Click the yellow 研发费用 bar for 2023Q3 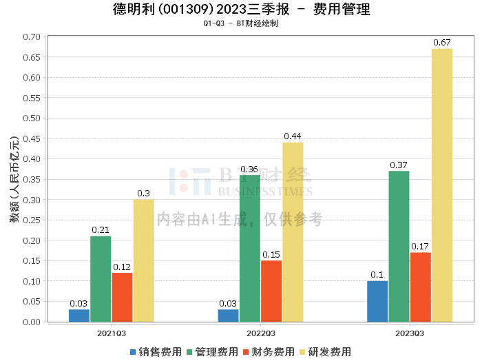point(442,185)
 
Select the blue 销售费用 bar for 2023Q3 point(377,301)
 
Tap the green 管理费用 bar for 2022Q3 point(250,249)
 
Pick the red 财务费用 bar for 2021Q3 point(122,298)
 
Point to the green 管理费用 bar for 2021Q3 point(101,279)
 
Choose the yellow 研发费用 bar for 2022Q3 point(293,232)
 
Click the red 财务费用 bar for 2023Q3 point(420,287)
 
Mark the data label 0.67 point(442,43)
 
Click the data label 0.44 point(293,136)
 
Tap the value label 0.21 point(101,230)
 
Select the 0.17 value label point(420,246)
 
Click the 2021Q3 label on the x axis point(111,333)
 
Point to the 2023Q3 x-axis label point(410,333)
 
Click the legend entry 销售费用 point(156,351)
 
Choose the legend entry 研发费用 point(325,351)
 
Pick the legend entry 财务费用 point(269,351)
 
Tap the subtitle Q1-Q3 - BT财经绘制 point(241,23)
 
